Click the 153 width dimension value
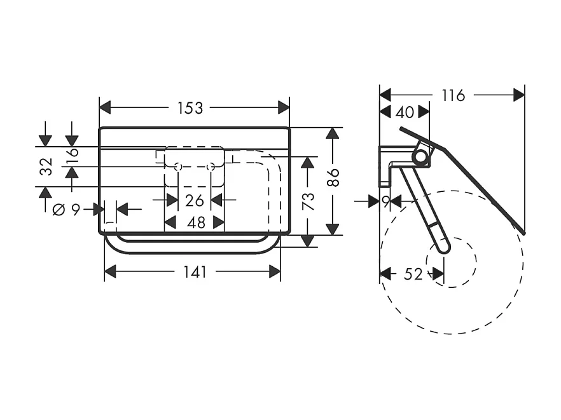(x=190, y=108)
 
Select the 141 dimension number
(x=195, y=272)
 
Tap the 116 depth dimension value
(x=454, y=95)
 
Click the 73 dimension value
(x=308, y=201)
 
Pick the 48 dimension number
(x=195, y=222)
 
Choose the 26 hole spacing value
(x=195, y=201)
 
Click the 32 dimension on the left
(x=45, y=167)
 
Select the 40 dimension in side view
(x=405, y=112)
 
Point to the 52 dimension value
(x=413, y=274)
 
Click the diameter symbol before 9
(x=59, y=209)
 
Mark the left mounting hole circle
(x=178, y=166)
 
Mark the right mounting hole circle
(x=211, y=166)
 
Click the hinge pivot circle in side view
(x=420, y=156)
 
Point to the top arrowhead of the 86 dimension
(x=333, y=133)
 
